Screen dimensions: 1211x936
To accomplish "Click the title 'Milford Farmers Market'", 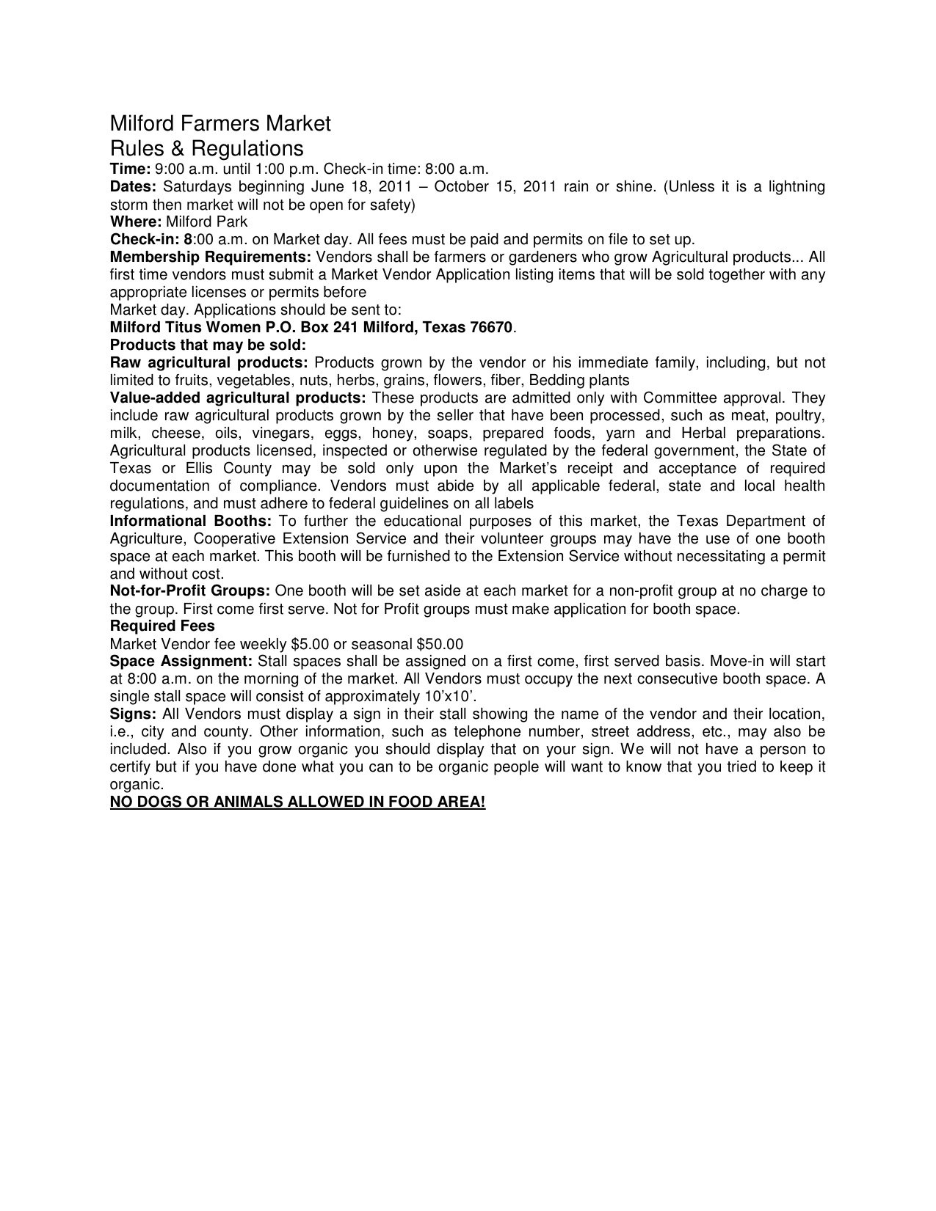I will pyautogui.click(x=220, y=123).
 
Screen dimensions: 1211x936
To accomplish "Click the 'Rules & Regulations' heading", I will pyautogui.click(x=206, y=148).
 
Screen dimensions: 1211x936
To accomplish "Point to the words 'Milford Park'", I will pyautogui.click(x=207, y=222).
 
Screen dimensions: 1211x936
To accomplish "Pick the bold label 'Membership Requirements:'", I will pyautogui.click(x=211, y=257).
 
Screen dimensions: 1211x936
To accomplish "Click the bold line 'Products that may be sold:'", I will pyautogui.click(x=208, y=345).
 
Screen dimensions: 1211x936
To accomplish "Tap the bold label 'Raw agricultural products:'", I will pyautogui.click(x=208, y=362).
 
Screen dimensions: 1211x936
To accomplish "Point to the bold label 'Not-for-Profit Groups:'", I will pyautogui.click(x=190, y=591).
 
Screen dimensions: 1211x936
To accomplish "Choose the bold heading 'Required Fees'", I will pyautogui.click(x=162, y=626).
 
